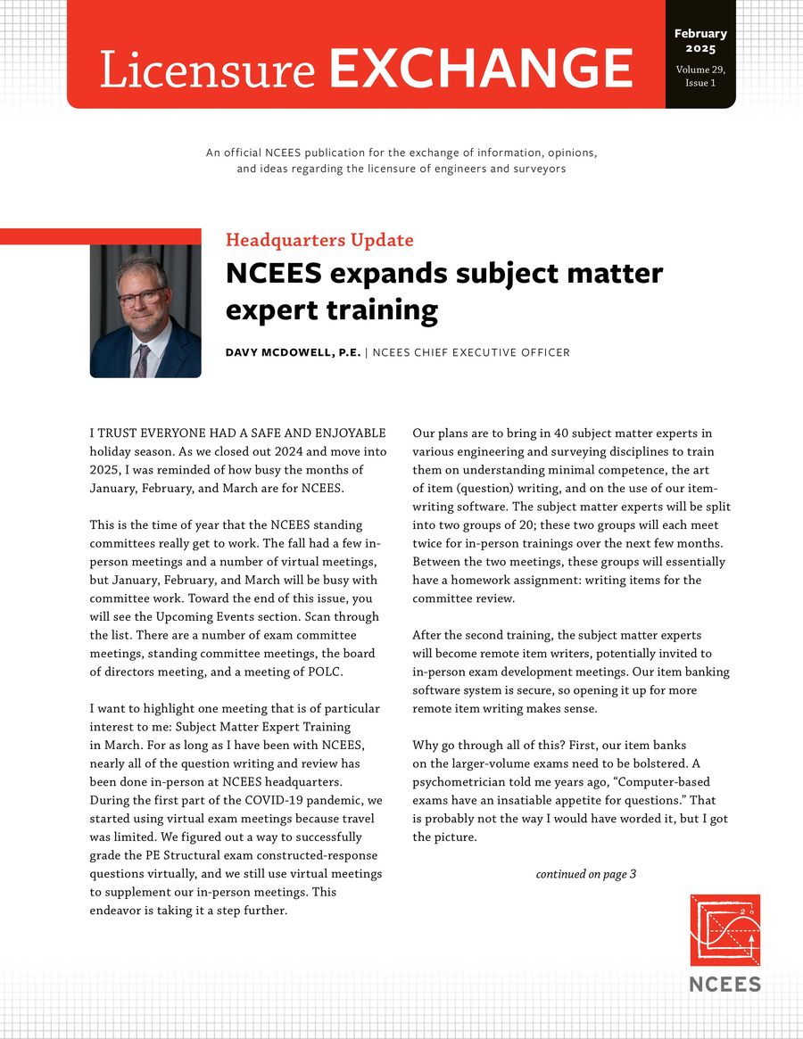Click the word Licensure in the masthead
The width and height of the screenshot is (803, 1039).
pos(207,69)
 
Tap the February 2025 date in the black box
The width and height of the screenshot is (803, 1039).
pos(700,40)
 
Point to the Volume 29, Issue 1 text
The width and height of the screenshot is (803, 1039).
pos(700,75)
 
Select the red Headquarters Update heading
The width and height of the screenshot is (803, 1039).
pos(319,240)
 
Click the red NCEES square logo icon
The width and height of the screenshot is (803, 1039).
pos(724,930)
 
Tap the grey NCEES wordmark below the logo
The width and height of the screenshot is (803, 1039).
pos(724,984)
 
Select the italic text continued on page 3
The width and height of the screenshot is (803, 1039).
pos(585,874)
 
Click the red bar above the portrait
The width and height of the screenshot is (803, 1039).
pos(100,236)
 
